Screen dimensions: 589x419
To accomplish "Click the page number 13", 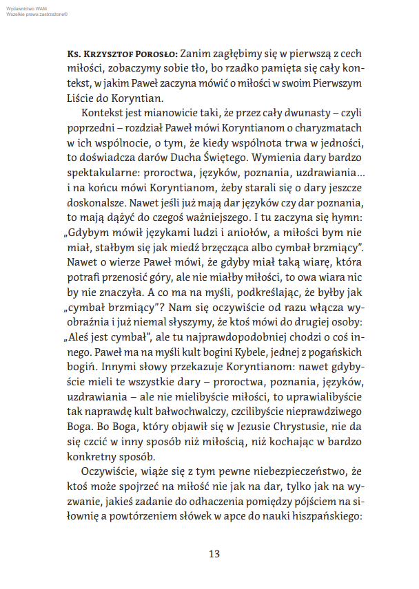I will (214, 554).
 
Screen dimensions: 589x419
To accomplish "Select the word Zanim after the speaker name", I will (196, 53).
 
